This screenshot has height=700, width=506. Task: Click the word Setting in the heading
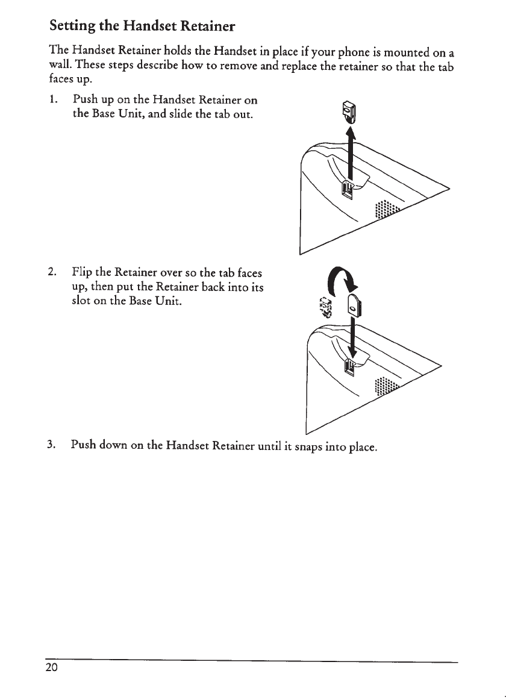[x=74, y=27]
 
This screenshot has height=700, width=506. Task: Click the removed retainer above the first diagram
[x=351, y=111]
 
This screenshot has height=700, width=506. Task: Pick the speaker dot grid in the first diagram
[x=385, y=211]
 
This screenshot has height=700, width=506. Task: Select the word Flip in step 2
[x=83, y=271]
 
